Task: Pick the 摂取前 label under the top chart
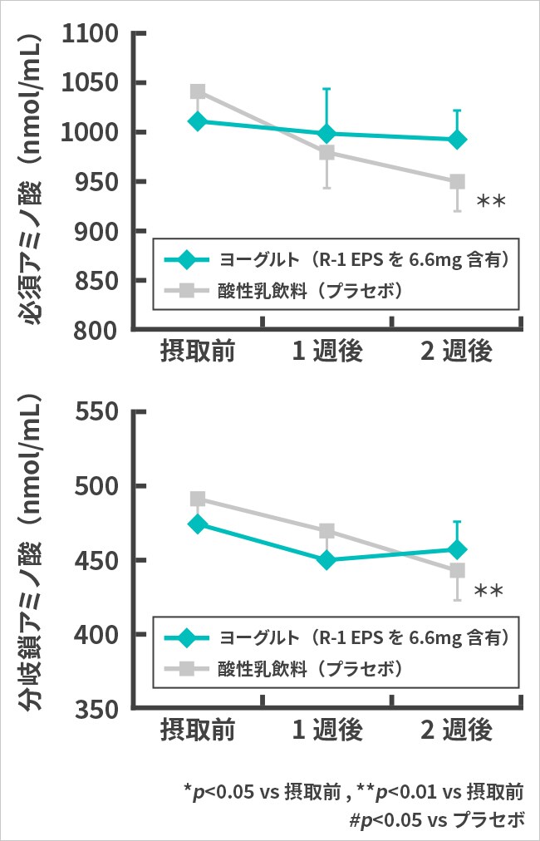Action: [x=198, y=352]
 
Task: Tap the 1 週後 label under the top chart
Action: [x=326, y=352]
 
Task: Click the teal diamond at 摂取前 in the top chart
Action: [x=198, y=121]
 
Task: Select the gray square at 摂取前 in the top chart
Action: [x=198, y=91]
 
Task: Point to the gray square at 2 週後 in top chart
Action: [x=456, y=182]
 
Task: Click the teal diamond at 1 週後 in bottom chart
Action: [x=326, y=560]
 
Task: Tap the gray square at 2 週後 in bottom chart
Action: [x=456, y=571]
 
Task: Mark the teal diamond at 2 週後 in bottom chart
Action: [x=456, y=549]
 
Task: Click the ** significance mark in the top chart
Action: [x=491, y=202]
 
